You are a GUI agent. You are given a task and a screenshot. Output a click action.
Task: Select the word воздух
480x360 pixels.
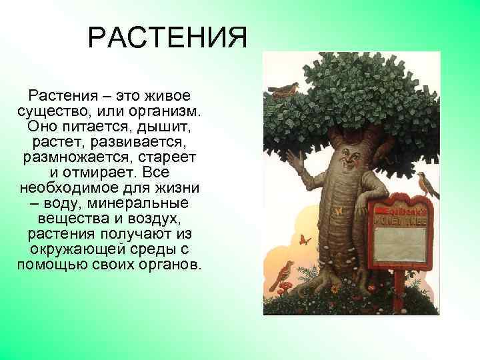(x=156, y=218)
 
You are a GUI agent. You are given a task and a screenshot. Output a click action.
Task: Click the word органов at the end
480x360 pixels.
(x=171, y=265)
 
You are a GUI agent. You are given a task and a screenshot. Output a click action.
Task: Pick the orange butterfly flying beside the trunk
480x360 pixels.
(x=306, y=239)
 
